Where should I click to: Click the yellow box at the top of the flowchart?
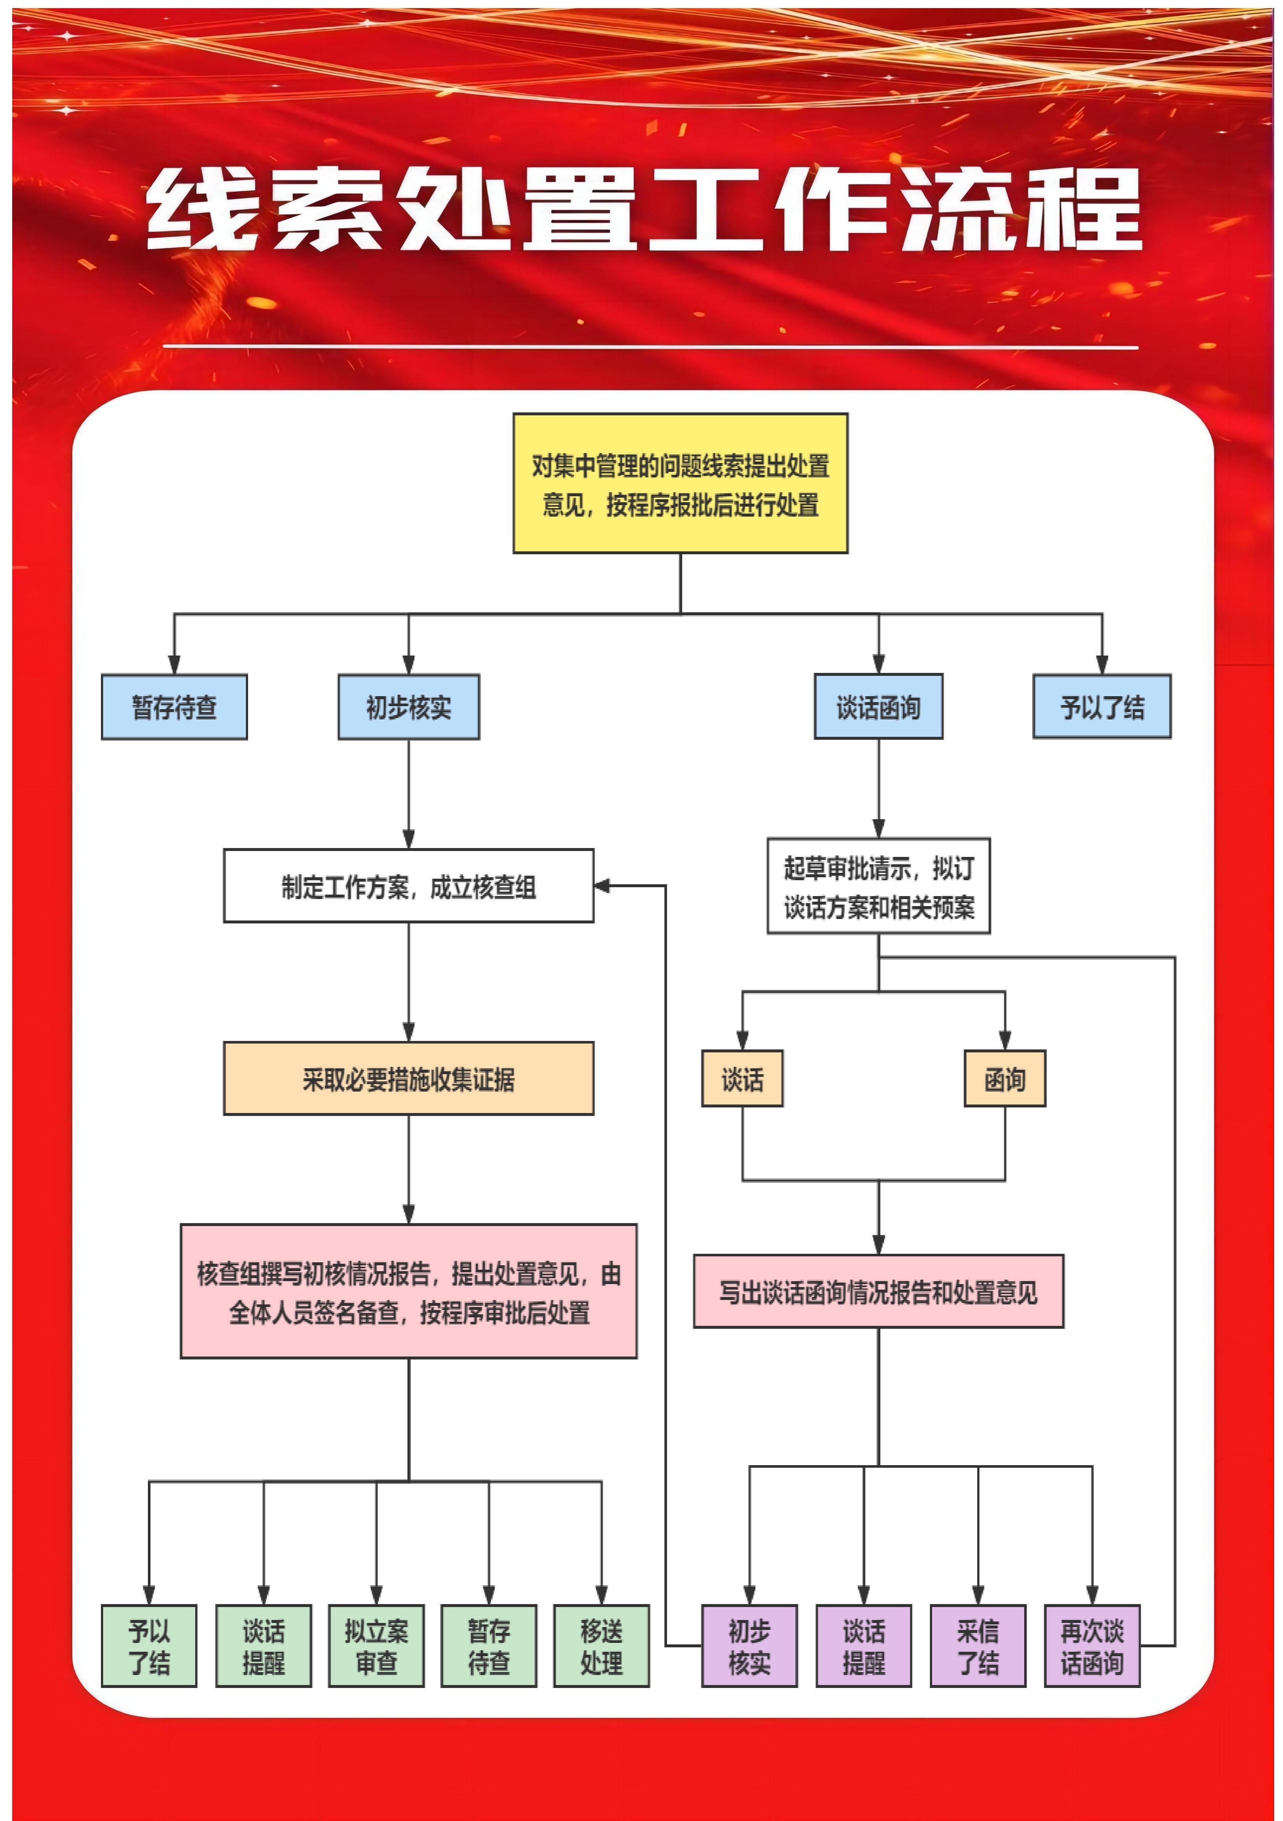680,483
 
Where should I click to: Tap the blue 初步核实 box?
409,707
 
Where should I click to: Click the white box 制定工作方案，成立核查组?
409,886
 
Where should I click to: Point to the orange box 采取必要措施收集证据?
409,1079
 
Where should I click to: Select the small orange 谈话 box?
742,1079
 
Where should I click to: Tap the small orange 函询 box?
1005,1079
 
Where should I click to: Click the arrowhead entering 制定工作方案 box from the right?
602,886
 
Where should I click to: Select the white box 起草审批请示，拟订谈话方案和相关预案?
879,886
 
